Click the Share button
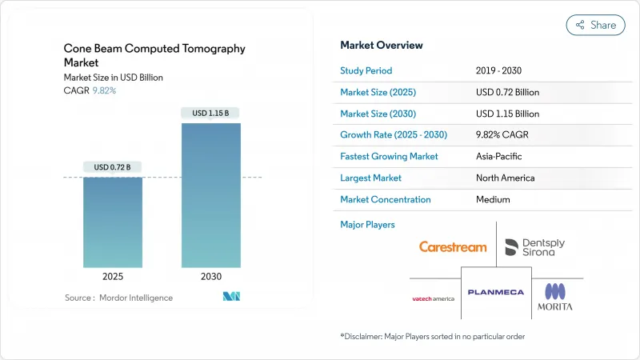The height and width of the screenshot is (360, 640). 596,25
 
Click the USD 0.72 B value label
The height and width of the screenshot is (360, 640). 113,167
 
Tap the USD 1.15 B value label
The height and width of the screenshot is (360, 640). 210,114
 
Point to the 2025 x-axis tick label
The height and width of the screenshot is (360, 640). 113,277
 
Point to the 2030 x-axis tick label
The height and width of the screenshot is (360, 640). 210,277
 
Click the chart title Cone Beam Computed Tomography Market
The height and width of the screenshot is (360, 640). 154,54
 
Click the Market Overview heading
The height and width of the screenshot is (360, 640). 382,46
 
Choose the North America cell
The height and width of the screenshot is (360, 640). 506,178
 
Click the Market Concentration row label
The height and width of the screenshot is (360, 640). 386,199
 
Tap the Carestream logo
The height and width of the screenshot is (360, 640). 453,247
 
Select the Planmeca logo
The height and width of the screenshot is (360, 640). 496,292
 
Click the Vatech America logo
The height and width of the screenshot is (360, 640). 433,298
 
